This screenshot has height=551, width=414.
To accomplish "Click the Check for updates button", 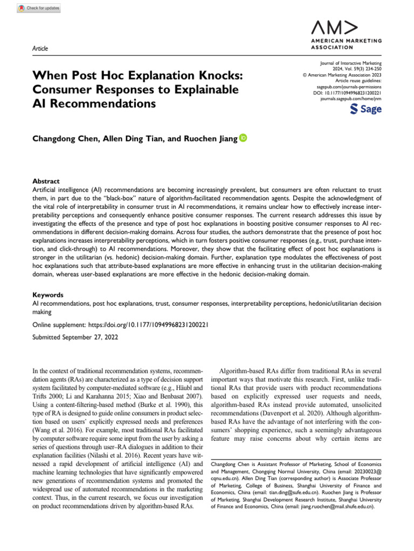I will point(39,8).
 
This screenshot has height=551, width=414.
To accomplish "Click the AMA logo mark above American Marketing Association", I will point(335,27).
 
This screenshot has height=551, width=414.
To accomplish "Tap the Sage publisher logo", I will point(366,109).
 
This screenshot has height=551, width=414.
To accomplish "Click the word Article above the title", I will point(40,48).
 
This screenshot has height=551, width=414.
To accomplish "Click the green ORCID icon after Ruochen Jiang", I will point(243,138).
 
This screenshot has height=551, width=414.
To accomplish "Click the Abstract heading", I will point(46,181).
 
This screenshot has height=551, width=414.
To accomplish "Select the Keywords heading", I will point(48,295).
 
